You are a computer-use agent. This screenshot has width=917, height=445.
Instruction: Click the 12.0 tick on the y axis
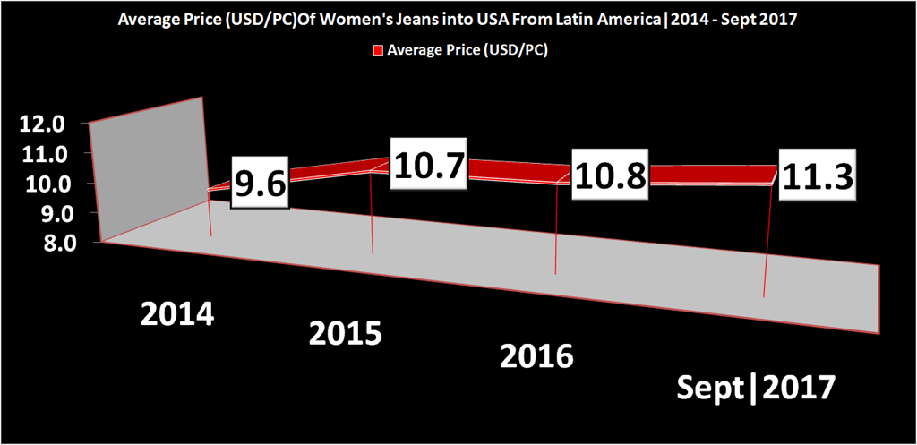(40, 124)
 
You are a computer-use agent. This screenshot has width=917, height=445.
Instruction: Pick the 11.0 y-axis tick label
(40, 154)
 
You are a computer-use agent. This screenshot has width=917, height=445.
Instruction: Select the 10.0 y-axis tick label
(40, 184)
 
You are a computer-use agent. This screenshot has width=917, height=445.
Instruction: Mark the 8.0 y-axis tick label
(40, 243)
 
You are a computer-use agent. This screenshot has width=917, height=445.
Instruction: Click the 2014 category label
(177, 314)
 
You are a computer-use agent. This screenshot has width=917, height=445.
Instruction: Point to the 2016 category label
(536, 356)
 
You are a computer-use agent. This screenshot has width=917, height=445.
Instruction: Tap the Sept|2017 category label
(756, 389)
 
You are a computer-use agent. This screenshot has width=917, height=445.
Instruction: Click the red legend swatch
(378, 50)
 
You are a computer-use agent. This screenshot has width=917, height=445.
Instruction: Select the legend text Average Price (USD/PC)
(467, 50)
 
